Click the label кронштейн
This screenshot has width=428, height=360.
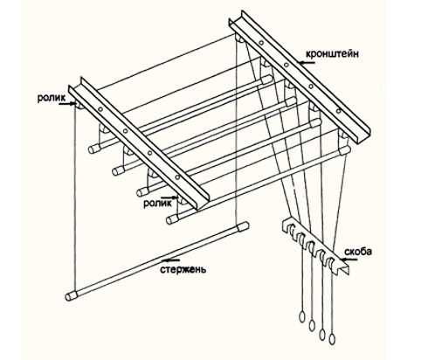pyautogui.click(x=332, y=54)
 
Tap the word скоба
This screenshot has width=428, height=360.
pyautogui.click(x=358, y=252)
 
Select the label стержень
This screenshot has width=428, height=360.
pyautogui.click(x=183, y=270)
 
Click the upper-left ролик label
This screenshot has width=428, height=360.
pyautogui.click(x=52, y=98)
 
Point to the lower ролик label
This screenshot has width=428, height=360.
pyautogui.click(x=157, y=204)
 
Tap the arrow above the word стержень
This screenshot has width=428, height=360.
pyautogui.click(x=171, y=260)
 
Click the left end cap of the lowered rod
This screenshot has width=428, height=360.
pyautogui.click(x=71, y=295)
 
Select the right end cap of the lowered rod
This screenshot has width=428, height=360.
pyautogui.click(x=244, y=226)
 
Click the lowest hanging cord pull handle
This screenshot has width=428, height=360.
pyautogui.click(x=332, y=340)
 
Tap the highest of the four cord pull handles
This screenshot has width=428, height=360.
pyautogui.click(x=302, y=316)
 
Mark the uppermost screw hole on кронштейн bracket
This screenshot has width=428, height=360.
pyautogui.click(x=261, y=43)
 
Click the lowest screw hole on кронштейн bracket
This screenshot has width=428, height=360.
pyautogui.click(x=338, y=111)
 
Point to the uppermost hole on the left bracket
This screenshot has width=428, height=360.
pyautogui.click(x=100, y=109)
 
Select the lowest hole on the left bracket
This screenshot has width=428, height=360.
pyautogui.click(x=177, y=177)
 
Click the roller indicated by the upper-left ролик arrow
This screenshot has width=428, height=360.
pyautogui.click(x=79, y=105)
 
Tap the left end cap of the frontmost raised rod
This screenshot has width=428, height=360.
pyautogui.click(x=172, y=219)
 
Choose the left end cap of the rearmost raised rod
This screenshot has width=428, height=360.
pyautogui.click(x=93, y=149)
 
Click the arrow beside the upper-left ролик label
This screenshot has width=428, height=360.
pyautogui.click(x=66, y=103)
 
